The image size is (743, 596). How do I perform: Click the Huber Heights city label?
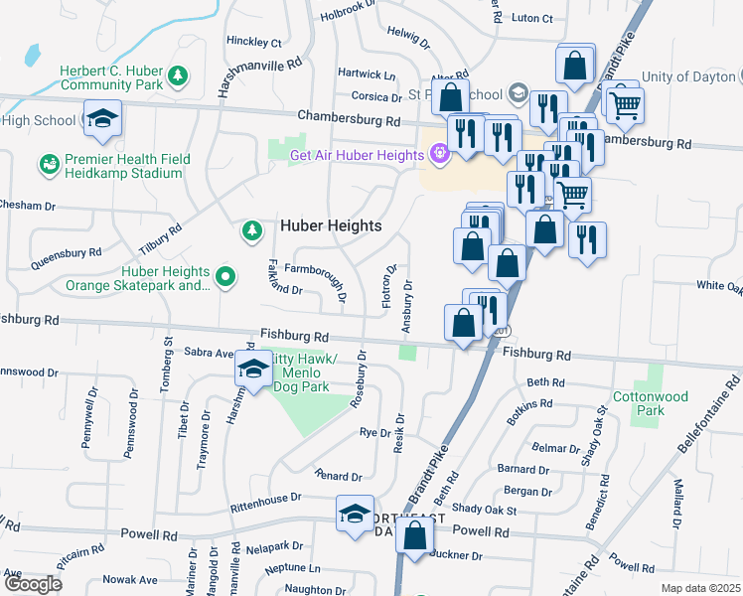(331, 226)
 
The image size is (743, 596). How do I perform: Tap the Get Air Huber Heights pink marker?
(439, 154)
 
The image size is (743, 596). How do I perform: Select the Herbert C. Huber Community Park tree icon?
(178, 75)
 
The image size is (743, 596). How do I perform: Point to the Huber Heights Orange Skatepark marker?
(225, 277)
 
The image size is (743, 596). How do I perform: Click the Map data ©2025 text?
(699, 588)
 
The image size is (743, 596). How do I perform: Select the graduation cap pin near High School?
(102, 120)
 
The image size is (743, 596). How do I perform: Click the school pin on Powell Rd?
(355, 515)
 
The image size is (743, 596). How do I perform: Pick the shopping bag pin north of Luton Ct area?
(575, 66)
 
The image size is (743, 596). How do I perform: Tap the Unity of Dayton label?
(691, 76)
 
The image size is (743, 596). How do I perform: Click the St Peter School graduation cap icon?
(517, 94)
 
